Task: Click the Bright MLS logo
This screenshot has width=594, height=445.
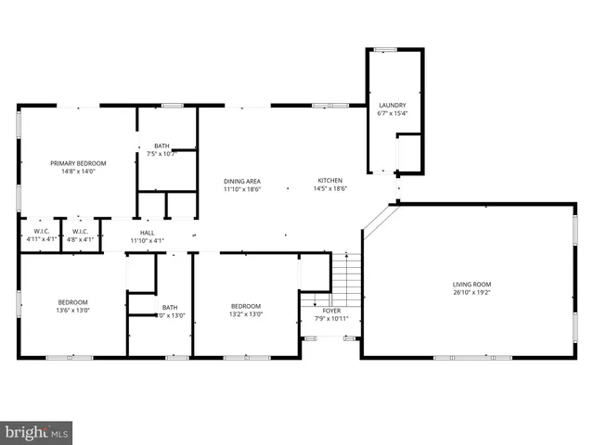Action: pos(36,432)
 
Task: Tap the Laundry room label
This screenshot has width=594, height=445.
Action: pos(387,105)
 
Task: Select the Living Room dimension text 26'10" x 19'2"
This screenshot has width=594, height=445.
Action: pos(471,293)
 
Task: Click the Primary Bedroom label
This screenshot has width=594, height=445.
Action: pos(78,162)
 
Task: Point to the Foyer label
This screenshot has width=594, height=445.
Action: pos(331,311)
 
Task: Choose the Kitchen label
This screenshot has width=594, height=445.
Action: pos(330,180)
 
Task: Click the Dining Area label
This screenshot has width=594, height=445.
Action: pos(241,180)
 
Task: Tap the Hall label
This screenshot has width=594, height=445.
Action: pos(147,233)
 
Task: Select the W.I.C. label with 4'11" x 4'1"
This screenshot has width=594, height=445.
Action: pos(41,231)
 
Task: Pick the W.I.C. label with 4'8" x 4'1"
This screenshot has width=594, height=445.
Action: pos(80,231)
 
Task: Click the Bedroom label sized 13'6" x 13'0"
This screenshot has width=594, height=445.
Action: pos(72,302)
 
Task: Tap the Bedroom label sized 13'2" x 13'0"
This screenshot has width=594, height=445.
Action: pos(245,306)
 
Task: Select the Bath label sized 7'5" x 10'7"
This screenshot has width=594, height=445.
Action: pos(161,146)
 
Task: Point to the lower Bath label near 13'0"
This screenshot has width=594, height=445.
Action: pos(170,307)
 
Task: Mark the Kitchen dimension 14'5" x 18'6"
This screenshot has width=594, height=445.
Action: pos(330,188)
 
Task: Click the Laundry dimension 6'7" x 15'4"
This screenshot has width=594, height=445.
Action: pos(387,113)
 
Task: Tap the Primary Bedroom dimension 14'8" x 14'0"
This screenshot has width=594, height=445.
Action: pos(78,171)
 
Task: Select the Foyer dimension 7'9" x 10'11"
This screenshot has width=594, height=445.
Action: pos(331,319)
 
